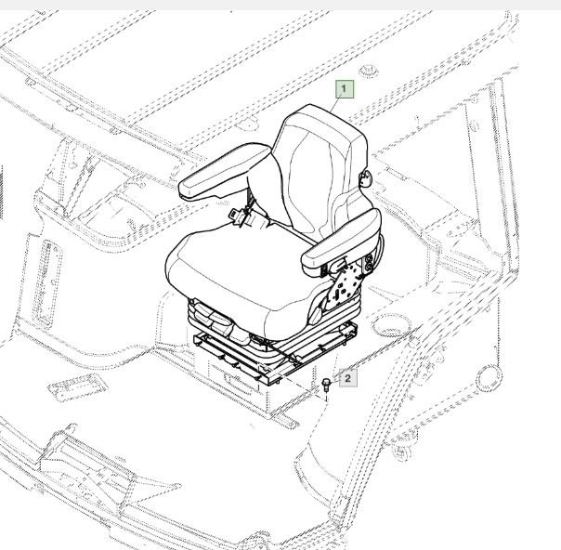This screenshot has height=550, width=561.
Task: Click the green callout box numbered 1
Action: (x=345, y=89)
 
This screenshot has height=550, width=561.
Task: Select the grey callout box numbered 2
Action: (x=347, y=378)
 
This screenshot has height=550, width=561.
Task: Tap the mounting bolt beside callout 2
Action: (x=326, y=385)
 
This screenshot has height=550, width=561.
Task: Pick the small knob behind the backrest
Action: (x=365, y=177)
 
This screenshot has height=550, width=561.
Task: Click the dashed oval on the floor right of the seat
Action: (x=391, y=324)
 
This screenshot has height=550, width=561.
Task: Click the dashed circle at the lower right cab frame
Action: (x=489, y=378)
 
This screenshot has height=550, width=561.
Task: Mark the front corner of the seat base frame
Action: (x=268, y=385)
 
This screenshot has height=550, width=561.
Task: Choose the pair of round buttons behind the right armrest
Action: (x=369, y=262)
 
